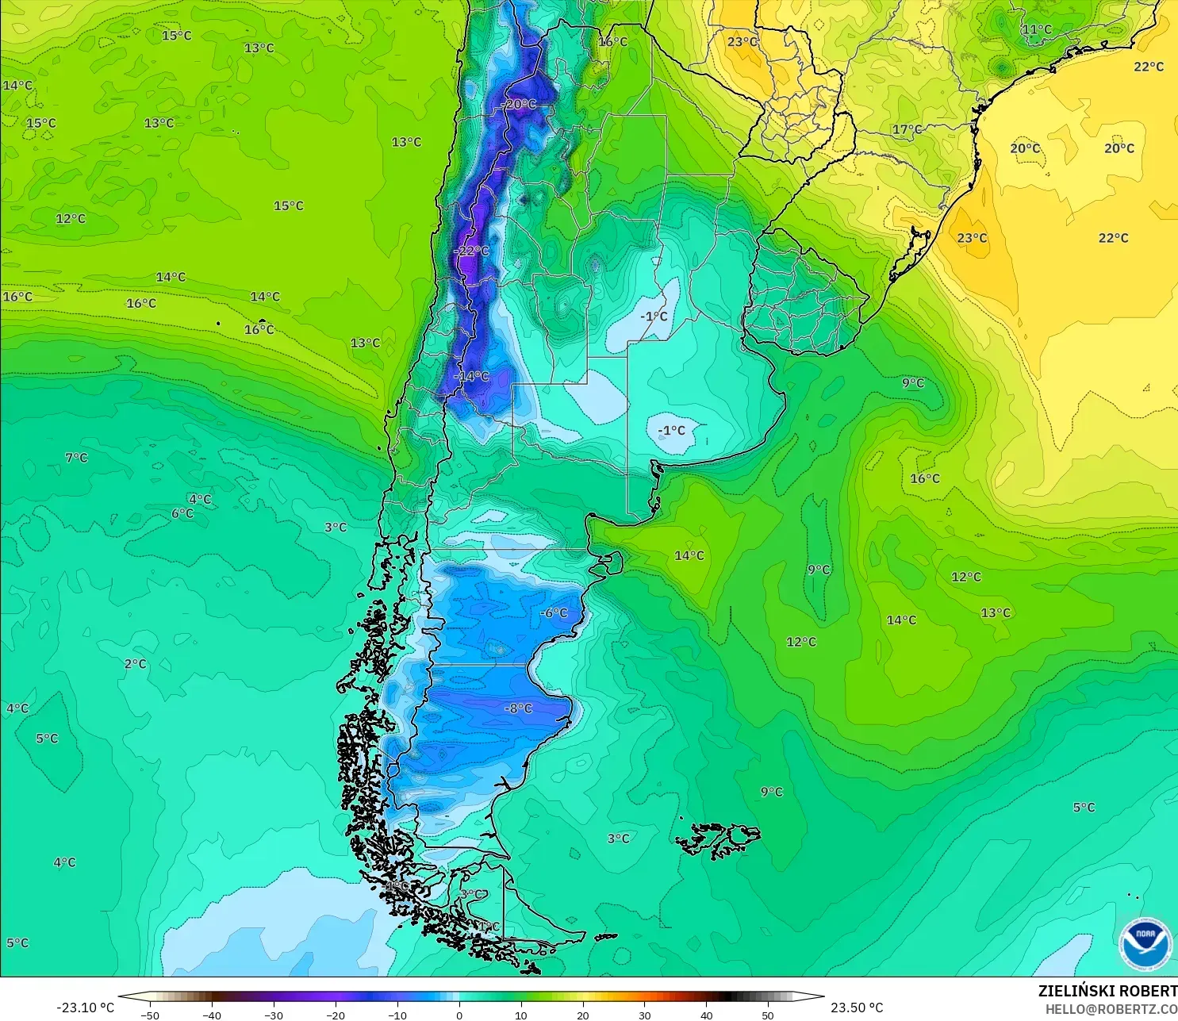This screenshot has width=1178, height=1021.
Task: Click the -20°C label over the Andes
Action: (520, 104)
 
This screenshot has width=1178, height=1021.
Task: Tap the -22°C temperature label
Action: (472, 251)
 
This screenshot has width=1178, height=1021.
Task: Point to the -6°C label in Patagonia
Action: (554, 612)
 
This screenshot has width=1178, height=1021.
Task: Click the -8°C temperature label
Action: (519, 708)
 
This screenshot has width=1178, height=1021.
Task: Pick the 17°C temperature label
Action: (907, 129)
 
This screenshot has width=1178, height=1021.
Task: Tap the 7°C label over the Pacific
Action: (76, 457)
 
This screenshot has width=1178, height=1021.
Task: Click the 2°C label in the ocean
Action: (135, 663)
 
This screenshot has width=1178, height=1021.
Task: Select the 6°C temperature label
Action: (182, 513)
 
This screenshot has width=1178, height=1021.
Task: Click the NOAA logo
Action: (1145, 943)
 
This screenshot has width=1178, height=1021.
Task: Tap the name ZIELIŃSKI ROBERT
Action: (1107, 991)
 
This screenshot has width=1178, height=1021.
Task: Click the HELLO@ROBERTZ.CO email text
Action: (1111, 1009)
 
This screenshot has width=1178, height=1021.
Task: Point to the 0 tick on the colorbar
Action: (459, 1015)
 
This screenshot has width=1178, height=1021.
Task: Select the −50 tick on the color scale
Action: (149, 1015)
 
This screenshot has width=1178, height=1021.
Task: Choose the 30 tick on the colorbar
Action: (644, 1015)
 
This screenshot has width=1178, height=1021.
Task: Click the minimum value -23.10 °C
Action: (85, 1008)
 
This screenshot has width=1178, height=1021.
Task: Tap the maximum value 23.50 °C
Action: (857, 1008)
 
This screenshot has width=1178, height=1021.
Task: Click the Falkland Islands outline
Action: (718, 839)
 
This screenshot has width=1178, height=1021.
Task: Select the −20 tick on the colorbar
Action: (335, 1015)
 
